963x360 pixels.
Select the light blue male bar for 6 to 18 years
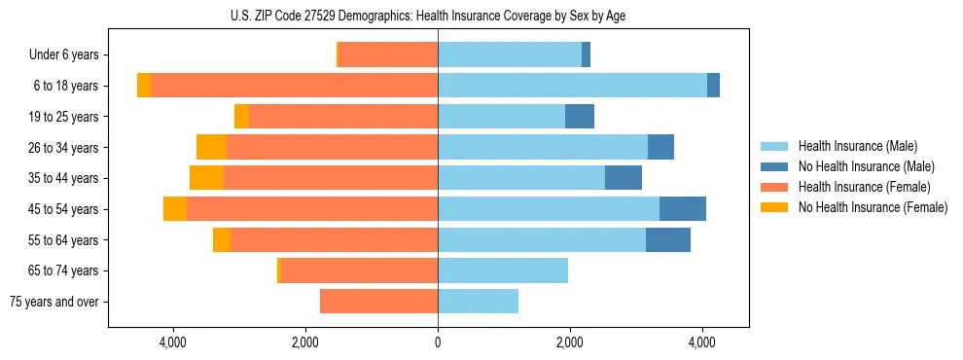(572, 86)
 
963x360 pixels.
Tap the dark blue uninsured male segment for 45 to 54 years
(682, 209)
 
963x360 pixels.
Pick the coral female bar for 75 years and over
(378, 302)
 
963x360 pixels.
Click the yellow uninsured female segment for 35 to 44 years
(206, 178)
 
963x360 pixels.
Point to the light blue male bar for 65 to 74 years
(503, 270)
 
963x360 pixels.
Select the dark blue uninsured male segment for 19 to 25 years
(580, 117)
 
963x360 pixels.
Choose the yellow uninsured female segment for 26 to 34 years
(211, 147)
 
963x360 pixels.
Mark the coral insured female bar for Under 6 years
(388, 54)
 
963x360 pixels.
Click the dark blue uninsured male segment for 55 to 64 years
(668, 239)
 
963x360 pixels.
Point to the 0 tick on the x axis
(438, 342)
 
